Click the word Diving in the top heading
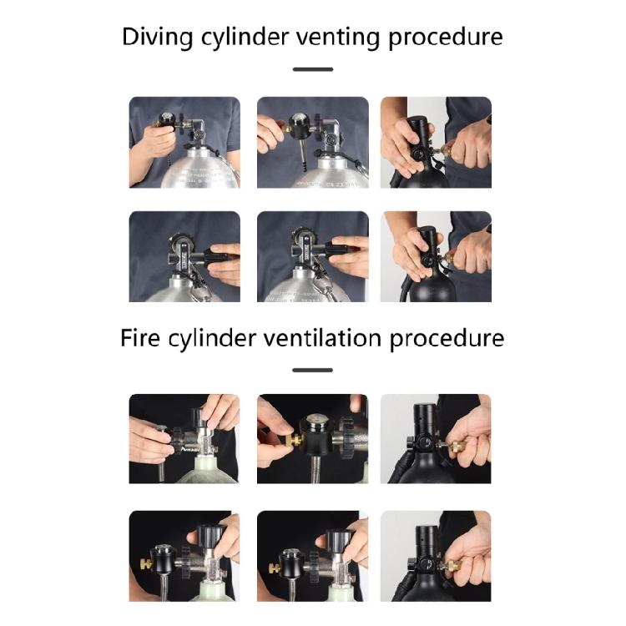157,38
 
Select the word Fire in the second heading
140,338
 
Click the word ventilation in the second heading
322,338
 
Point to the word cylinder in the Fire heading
212,339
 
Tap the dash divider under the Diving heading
313,69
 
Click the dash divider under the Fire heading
313,370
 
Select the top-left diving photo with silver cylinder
184,142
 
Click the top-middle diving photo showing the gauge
313,142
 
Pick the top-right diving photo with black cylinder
436,142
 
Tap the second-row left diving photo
184,256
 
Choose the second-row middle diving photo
313,256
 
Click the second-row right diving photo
436,256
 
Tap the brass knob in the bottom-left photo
145,564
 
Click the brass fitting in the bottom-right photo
452,566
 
